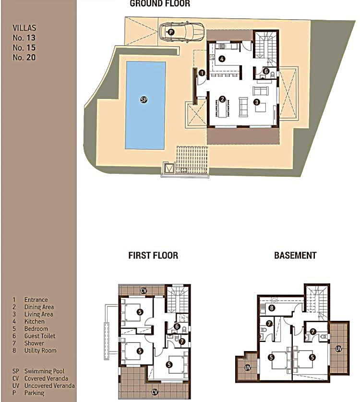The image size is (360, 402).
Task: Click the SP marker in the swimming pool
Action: [x=144, y=99]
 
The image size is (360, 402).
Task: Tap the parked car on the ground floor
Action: [x=181, y=32]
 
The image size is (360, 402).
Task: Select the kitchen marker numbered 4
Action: [x=222, y=59]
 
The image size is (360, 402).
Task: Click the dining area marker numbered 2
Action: [x=222, y=99]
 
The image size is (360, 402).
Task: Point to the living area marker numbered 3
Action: [x=256, y=102]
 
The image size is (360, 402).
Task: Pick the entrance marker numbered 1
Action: [x=202, y=73]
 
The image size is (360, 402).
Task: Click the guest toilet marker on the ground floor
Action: [x=266, y=71]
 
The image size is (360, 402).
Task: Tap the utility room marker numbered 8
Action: [x=272, y=308]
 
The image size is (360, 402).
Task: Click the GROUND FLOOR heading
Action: [x=160, y=3]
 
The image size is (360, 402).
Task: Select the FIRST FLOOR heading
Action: [x=153, y=256]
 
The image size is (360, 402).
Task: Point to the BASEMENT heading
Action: [x=295, y=256]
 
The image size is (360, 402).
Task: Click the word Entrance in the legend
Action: [x=36, y=299]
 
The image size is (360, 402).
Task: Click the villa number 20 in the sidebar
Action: [x=31, y=57]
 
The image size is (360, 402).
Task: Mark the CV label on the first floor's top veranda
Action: [x=144, y=291]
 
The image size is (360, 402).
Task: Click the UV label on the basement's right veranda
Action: [x=338, y=349]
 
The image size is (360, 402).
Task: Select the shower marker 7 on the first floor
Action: [x=181, y=341]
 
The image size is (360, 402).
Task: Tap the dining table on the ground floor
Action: [x=222, y=109]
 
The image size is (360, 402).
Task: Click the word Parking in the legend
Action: [x=35, y=393]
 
